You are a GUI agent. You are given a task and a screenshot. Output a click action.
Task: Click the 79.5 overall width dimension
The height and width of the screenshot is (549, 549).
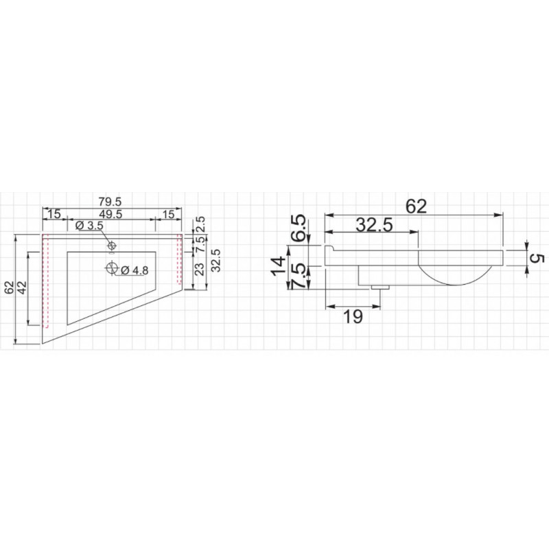pyautogui.click(x=110, y=202)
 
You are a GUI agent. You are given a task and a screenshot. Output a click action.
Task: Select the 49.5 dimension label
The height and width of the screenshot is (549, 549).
pyautogui.click(x=110, y=214)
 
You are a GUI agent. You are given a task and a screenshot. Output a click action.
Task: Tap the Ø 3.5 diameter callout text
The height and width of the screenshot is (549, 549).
pyautogui.click(x=90, y=226)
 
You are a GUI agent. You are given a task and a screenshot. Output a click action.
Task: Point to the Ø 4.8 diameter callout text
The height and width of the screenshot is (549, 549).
pyautogui.click(x=135, y=270)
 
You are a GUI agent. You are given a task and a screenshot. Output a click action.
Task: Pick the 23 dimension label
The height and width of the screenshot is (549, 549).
pyautogui.click(x=199, y=269)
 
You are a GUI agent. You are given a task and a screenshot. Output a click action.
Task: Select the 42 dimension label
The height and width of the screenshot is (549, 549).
pyautogui.click(x=22, y=288)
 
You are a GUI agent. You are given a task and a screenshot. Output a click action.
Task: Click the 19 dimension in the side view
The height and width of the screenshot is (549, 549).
pyautogui.click(x=353, y=317)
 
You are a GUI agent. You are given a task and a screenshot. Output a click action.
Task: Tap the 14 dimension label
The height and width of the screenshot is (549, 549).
pyautogui.click(x=279, y=267)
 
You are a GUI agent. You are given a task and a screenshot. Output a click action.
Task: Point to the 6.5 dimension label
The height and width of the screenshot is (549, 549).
pyautogui.click(x=299, y=229)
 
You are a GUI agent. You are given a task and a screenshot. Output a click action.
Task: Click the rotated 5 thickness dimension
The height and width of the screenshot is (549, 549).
pyautogui.click(x=538, y=259)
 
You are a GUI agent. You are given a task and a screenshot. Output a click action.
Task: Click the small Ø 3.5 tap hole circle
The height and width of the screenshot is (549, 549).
pyautogui.click(x=112, y=246)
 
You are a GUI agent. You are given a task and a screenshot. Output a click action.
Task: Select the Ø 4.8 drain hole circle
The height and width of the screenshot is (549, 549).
pyautogui.click(x=112, y=268)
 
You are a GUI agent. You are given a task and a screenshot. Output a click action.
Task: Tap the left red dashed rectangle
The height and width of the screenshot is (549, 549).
pyautogui.click(x=45, y=282)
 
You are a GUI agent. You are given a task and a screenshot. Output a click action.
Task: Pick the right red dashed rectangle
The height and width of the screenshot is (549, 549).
pyautogui.click(x=179, y=259)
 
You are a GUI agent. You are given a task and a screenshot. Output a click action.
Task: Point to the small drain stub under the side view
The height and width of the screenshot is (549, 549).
pyautogui.click(x=380, y=288)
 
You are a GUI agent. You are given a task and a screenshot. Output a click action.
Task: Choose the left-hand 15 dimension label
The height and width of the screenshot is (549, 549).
pyautogui.click(x=54, y=214)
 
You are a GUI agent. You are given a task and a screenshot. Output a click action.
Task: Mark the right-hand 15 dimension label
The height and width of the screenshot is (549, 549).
pyautogui.click(x=168, y=214)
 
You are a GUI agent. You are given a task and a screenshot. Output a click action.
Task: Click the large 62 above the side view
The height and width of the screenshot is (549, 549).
pyautogui.click(x=417, y=207)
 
